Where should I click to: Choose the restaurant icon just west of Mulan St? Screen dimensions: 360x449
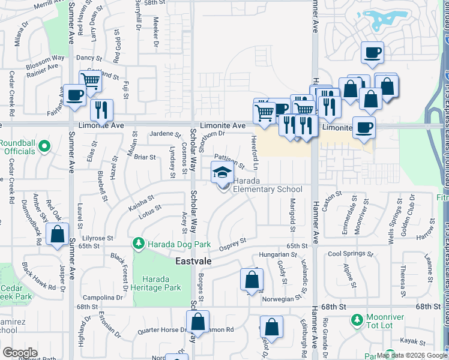click(x=101, y=109)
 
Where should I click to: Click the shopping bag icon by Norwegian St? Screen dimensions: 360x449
click(x=252, y=280)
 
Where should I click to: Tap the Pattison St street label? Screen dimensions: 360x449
click(x=229, y=163)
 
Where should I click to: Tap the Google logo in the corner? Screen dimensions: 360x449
click(x=20, y=353)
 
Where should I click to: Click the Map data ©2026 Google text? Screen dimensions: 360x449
click(x=412, y=355)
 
